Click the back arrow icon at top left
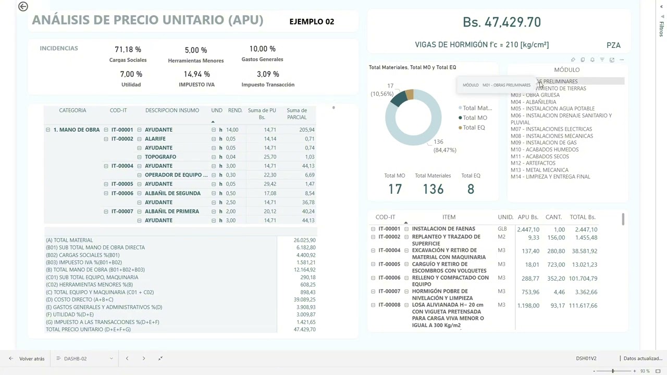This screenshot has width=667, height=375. [x=23, y=6]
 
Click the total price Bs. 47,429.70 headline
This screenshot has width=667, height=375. [x=501, y=22]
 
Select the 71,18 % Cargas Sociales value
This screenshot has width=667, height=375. [x=128, y=49]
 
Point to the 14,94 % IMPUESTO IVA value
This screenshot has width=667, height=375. [x=196, y=74]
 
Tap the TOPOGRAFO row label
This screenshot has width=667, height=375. [x=160, y=157]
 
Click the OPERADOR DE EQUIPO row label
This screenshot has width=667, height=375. [x=176, y=175]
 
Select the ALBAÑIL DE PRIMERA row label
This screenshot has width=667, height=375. [x=172, y=211]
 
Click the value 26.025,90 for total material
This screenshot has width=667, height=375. [x=304, y=240]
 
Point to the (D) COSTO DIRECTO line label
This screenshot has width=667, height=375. [x=79, y=299]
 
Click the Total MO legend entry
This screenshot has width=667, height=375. [x=474, y=118]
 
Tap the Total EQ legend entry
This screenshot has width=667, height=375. [x=473, y=128]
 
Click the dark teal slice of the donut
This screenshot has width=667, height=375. [x=398, y=98]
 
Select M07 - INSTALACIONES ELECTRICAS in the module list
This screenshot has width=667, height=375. [x=551, y=129]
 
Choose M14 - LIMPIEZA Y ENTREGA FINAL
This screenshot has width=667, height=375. [x=550, y=177]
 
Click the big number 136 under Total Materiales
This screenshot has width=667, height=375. [x=433, y=189]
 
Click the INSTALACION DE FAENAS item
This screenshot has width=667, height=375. [x=443, y=229]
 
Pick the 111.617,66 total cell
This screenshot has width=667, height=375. [x=583, y=306]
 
